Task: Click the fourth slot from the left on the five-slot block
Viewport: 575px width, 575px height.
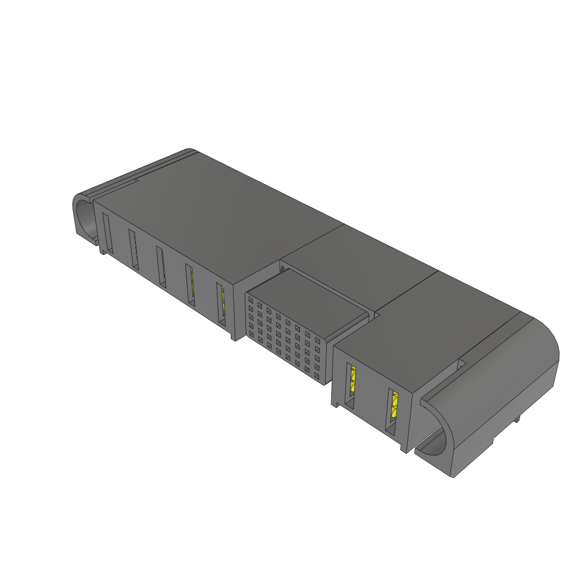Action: click(x=190, y=285)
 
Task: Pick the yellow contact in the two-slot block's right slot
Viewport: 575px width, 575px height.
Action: click(x=394, y=406)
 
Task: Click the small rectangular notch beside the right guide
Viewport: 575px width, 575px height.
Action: click(x=463, y=364)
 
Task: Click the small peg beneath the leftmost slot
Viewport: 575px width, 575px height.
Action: click(x=103, y=252)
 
